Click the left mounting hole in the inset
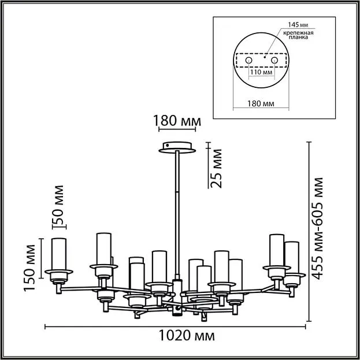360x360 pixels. pyautogui.click(x=248, y=60)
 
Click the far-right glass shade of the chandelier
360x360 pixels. pyautogui.click(x=292, y=257)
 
